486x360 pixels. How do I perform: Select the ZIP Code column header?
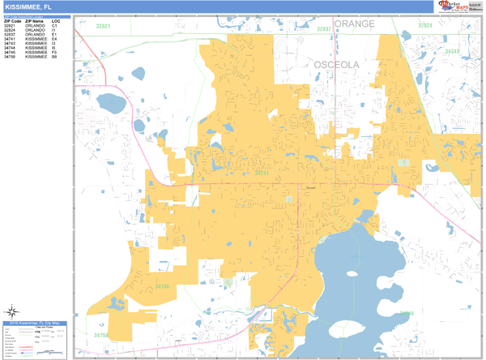12,20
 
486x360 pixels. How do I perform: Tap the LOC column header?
55,20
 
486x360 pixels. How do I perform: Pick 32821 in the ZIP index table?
10,26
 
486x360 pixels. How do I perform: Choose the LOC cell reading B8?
54,58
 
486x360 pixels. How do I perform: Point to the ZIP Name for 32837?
35,35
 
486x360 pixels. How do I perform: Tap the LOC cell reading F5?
54,53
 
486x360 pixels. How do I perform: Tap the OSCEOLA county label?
337,64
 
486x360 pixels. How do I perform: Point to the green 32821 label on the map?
103,27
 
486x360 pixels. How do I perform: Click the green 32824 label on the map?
425,26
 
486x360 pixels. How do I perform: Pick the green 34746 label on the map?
163,286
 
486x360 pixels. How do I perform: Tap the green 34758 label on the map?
100,335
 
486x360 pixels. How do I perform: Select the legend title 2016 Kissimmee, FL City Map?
36,324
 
